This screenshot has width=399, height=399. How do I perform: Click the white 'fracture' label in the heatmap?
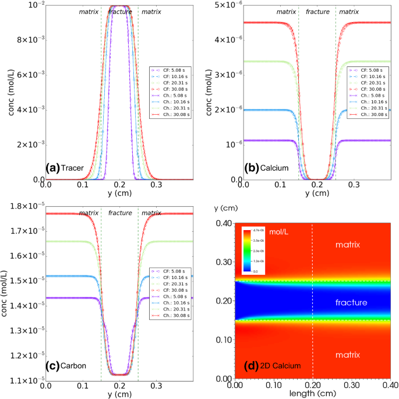pos(351,302)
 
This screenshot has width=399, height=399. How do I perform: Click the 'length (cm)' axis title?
pos(315,394)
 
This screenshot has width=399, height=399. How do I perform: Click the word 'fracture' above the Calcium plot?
pos(317,12)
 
